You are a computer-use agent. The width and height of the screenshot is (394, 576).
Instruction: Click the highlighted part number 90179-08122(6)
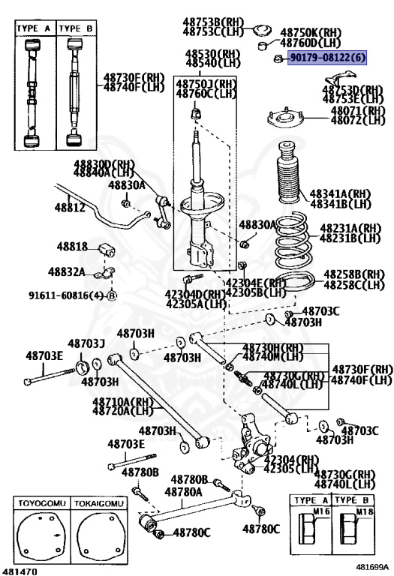click(326, 58)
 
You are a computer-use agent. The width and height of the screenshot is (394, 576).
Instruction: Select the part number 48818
click(74, 247)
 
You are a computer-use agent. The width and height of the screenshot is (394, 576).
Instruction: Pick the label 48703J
click(86, 343)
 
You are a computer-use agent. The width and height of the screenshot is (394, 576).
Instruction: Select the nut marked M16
click(311, 527)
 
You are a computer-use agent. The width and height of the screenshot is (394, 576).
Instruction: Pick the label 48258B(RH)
click(353, 275)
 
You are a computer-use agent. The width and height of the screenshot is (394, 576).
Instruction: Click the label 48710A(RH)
click(122, 401)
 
